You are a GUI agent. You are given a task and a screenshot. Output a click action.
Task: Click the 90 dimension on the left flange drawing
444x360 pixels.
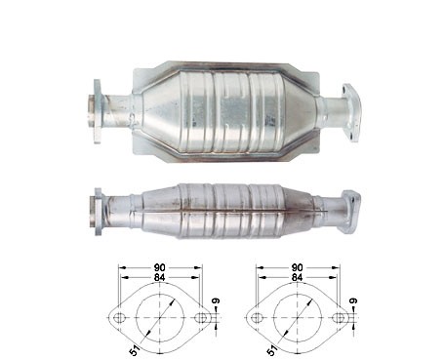[x=160, y=267]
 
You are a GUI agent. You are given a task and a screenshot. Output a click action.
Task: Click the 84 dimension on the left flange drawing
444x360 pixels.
[x=160, y=277]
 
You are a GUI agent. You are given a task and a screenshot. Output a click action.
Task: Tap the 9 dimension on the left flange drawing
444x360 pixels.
[x=216, y=300]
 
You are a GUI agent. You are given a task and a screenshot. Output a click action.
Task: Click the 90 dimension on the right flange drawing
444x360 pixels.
[x=297, y=267]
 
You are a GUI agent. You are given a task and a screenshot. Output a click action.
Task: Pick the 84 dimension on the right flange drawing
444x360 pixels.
[x=297, y=277]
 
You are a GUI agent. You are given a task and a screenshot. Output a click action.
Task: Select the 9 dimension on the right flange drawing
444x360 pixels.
[x=353, y=300]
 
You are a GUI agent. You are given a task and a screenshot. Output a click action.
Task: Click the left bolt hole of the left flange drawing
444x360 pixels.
[x=119, y=317]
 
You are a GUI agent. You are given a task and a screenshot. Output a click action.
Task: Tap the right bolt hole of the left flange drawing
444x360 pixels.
[x=201, y=317]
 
